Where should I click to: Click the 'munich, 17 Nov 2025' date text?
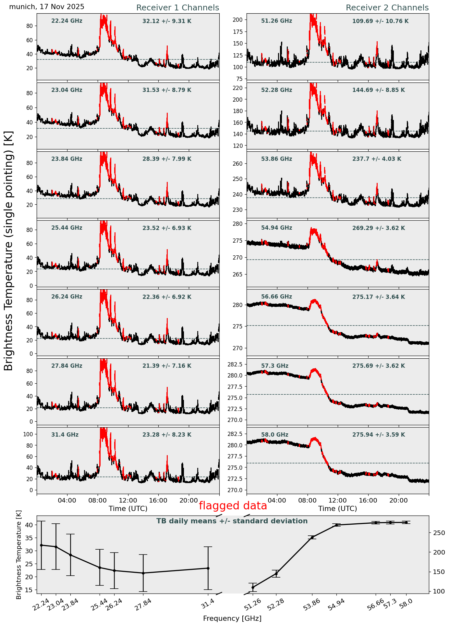click(47, 7)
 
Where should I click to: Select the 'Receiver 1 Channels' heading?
click(177, 8)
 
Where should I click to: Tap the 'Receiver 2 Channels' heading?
click(387, 8)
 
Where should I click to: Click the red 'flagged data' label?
click(233, 506)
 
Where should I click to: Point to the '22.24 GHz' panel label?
click(67, 21)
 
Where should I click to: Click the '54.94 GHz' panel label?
click(276, 228)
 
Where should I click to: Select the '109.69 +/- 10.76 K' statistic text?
click(380, 21)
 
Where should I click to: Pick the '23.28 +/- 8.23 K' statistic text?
click(167, 435)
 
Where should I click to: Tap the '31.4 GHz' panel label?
click(65, 435)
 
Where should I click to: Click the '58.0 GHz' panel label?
click(274, 435)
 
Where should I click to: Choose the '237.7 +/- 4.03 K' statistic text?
click(377, 159)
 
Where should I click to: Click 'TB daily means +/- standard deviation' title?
click(232, 521)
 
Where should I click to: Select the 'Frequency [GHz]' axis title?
click(232, 618)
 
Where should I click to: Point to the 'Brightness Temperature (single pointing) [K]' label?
click(9, 250)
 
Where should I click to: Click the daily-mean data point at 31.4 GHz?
click(208, 568)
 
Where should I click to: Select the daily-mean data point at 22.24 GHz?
click(41, 545)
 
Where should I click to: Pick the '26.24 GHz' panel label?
click(67, 297)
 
